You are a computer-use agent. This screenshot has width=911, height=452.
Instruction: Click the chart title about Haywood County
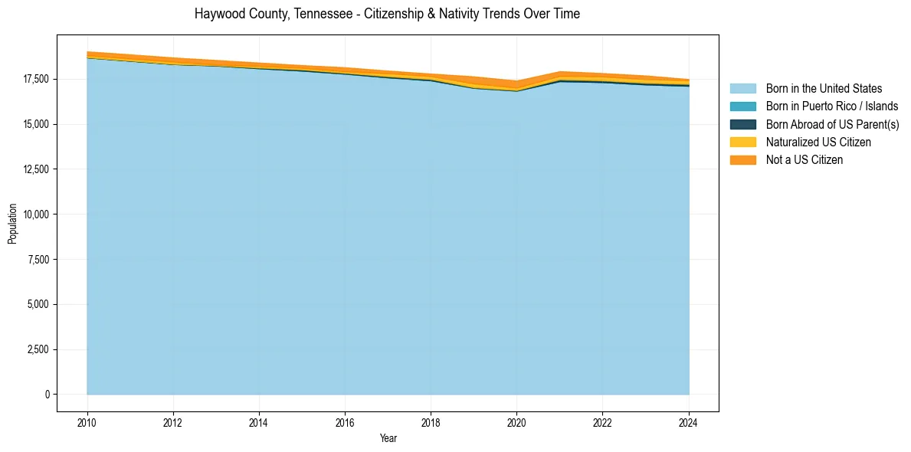pos(387,14)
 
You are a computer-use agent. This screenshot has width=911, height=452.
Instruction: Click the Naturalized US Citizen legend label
pos(818,142)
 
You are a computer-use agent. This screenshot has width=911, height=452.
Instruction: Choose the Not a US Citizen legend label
pos(804,160)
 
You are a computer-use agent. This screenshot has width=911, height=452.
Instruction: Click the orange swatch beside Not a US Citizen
pos(742,160)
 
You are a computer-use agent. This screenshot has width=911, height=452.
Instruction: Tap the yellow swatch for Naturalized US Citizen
pos(742,142)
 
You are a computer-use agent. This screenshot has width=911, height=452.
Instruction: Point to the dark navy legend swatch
pos(742,124)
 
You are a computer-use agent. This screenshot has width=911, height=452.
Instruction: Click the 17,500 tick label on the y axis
pos(35,79)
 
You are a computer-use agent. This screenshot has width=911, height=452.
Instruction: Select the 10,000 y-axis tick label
pos(35,215)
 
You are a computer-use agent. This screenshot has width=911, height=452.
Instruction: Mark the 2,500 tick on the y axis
pos(38,350)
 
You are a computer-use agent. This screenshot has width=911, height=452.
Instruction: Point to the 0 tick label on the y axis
pos(47,395)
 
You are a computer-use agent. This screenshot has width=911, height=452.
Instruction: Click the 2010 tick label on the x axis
pos(87,422)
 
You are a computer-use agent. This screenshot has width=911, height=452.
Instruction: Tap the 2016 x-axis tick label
pos(346,422)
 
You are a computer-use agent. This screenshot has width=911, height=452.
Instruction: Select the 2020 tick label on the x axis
pos(517,422)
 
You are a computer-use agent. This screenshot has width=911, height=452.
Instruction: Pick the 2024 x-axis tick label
pos(689,422)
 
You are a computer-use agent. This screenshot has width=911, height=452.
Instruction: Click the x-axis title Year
pos(388,439)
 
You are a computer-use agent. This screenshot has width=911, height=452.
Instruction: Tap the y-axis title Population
pos(12,224)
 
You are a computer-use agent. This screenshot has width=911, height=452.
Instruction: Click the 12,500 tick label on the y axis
pos(35,169)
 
